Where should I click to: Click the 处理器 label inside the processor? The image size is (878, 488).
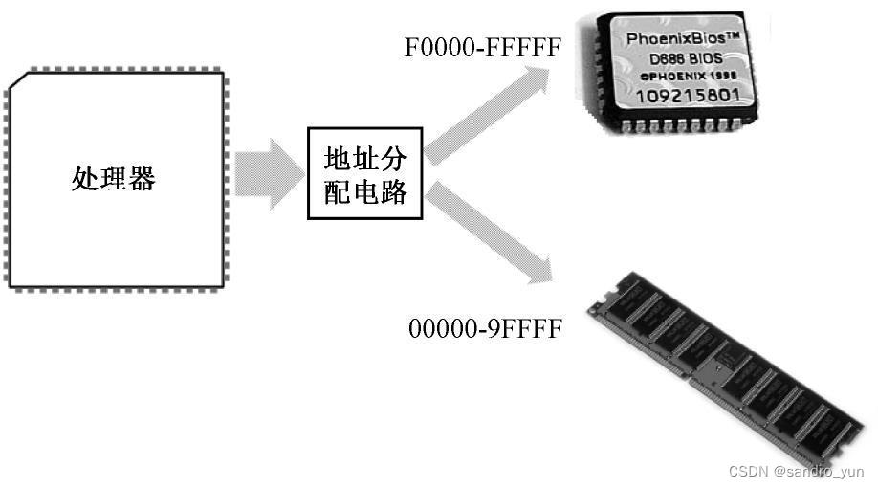tap(113, 179)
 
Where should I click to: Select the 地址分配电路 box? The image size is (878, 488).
tap(364, 173)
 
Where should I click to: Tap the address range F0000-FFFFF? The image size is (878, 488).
tap(482, 48)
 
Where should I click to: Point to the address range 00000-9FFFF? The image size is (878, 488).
tap(484, 329)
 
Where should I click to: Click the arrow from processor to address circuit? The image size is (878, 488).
tap(267, 173)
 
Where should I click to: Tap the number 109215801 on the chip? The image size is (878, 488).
tap(681, 97)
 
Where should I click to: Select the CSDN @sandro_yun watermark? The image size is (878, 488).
tap(796, 472)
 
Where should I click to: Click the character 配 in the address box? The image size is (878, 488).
tap(339, 192)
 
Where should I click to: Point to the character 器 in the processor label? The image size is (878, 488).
tap(142, 179)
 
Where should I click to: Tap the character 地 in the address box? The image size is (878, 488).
tap(339, 157)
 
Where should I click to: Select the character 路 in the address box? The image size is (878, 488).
tap(393, 192)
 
